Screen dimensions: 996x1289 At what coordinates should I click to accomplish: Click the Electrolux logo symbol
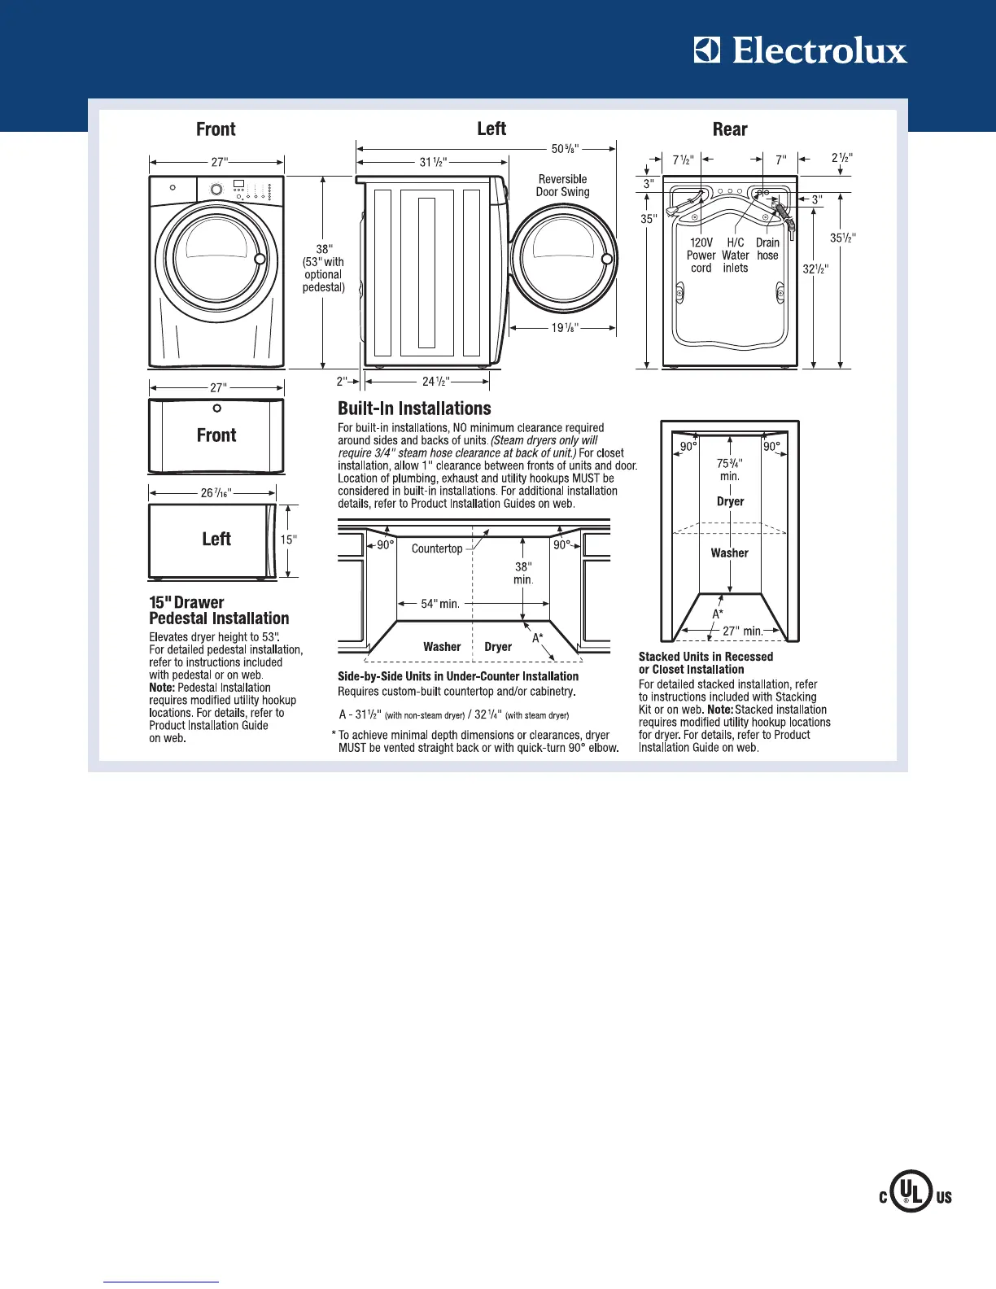click(x=707, y=50)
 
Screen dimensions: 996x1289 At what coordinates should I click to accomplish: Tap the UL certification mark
click(x=915, y=1195)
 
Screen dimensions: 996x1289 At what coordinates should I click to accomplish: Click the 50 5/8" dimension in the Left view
click(x=566, y=149)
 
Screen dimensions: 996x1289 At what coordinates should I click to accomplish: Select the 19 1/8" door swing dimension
click(x=563, y=328)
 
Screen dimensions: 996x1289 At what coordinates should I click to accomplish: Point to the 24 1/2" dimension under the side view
click(x=435, y=381)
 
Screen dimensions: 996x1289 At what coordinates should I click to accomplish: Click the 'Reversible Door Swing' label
click(x=562, y=186)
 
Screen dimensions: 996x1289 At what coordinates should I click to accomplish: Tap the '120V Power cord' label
click(x=701, y=255)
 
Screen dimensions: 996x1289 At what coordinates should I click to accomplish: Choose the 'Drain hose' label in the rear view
click(x=767, y=249)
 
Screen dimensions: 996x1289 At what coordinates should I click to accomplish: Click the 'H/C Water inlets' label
click(x=735, y=255)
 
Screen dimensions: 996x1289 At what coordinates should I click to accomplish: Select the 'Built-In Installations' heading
click(x=414, y=409)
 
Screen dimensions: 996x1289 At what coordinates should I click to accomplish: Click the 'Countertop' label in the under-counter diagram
click(x=437, y=548)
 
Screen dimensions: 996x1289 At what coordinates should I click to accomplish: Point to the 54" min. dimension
click(x=440, y=604)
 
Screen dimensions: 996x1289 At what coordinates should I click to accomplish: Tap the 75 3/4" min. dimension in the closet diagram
click(x=729, y=470)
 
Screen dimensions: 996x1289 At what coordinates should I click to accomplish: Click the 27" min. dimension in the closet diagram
click(x=742, y=631)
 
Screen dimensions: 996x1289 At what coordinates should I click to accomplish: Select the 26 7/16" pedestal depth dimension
click(x=216, y=492)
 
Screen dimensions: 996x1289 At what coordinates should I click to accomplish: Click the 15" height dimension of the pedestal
click(x=289, y=540)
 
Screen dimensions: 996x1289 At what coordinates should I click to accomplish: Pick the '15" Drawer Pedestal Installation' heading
click(x=219, y=610)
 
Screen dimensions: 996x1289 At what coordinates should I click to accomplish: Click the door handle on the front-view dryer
click(x=260, y=259)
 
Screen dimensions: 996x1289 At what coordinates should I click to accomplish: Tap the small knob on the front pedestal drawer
click(x=216, y=409)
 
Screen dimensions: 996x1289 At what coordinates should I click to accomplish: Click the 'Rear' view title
click(x=730, y=129)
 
